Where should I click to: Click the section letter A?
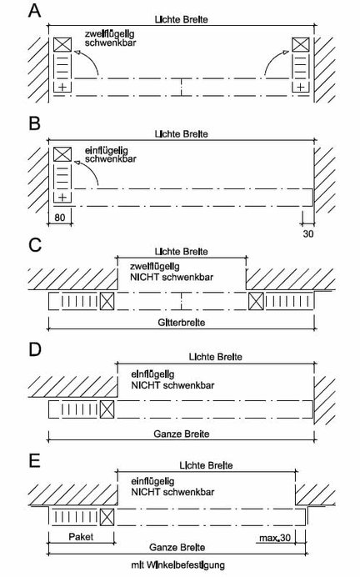click(x=34, y=11)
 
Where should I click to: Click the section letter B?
click(x=34, y=123)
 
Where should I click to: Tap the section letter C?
click(x=35, y=245)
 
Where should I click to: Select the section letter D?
click(x=34, y=349)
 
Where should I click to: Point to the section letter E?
click(x=34, y=460)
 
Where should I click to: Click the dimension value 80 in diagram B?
click(x=59, y=218)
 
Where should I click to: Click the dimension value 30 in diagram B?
click(x=308, y=233)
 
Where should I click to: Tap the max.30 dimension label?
click(x=275, y=538)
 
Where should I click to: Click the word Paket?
click(x=81, y=536)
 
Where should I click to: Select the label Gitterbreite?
click(x=182, y=323)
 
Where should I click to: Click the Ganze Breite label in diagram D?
click(x=182, y=434)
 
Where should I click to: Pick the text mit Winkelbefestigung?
click(x=178, y=564)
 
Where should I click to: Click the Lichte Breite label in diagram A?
click(x=182, y=19)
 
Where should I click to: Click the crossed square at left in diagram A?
click(x=62, y=44)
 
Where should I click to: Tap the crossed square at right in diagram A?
click(x=301, y=44)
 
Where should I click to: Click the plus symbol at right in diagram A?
click(x=301, y=88)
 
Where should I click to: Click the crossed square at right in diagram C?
click(x=256, y=301)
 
